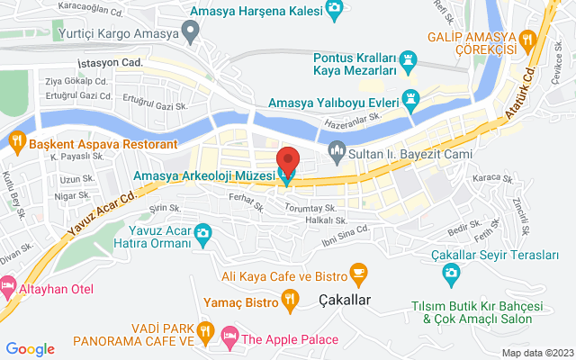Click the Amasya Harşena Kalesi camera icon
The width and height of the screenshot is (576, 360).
coord(335,10)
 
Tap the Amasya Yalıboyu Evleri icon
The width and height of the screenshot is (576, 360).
coord(411,100)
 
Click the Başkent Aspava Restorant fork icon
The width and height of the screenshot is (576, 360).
coord(15,141)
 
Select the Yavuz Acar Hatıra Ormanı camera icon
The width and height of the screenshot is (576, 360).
coord(203,235)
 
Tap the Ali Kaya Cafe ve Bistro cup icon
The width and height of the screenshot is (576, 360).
coord(358,271)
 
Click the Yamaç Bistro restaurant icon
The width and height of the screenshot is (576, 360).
coord(290,299)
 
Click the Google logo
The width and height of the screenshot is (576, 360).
coord(31,348)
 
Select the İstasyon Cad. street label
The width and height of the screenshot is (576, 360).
coord(112,64)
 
